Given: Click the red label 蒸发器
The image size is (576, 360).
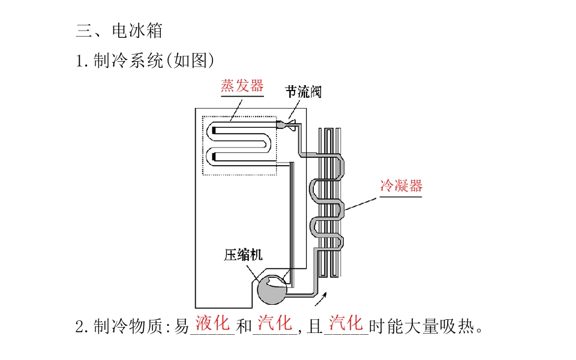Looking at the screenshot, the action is pyautogui.click(x=242, y=86).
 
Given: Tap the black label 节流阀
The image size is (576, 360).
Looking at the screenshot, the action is pyautogui.click(x=304, y=92).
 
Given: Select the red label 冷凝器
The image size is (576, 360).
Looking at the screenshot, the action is pyautogui.click(x=401, y=185).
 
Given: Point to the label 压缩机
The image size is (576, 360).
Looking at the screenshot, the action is pyautogui.click(x=244, y=255).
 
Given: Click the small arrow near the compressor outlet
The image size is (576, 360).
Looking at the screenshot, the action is pyautogui.click(x=320, y=299).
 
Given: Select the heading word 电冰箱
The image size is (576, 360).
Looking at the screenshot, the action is pyautogui.click(x=137, y=31).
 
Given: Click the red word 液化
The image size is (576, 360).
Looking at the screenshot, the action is pyautogui.click(x=212, y=323).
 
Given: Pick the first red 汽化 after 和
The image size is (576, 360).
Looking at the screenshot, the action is pyautogui.click(x=275, y=323).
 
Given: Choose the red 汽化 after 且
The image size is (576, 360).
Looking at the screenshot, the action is pyautogui.click(x=346, y=323).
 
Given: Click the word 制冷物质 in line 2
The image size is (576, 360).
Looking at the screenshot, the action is pyautogui.click(x=128, y=326).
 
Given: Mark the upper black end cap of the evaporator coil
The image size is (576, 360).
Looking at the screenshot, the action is pyautogui.click(x=214, y=130).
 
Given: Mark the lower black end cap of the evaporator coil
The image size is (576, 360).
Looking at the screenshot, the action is pyautogui.click(x=214, y=157).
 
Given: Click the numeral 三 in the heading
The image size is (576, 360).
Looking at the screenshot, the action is pyautogui.click(x=84, y=31).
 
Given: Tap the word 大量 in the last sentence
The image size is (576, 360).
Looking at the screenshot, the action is pyautogui.click(x=422, y=326).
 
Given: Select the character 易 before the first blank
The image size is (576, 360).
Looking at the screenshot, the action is pyautogui.click(x=181, y=326).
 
